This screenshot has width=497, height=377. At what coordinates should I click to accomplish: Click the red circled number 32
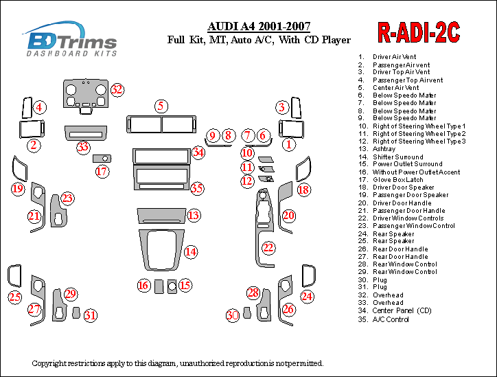click(117, 90)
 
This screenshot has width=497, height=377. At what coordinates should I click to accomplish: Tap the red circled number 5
click(161, 106)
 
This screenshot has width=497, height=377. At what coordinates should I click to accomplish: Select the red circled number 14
click(191, 252)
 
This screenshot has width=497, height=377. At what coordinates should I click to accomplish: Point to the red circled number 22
click(268, 247)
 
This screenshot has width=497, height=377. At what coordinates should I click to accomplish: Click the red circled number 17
click(102, 172)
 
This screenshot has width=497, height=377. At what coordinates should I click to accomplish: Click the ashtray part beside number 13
click(161, 216)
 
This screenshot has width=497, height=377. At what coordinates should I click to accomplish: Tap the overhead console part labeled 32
click(86, 96)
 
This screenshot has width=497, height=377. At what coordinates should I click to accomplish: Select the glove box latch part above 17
click(102, 158)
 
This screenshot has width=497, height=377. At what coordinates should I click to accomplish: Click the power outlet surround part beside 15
click(172, 286)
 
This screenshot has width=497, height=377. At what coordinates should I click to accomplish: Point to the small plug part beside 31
click(76, 312)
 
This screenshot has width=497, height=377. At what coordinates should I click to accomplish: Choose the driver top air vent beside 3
click(297, 108)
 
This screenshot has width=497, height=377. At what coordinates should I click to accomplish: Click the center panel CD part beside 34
click(161, 156)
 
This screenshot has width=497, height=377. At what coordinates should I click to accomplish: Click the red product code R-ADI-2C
click(418, 32)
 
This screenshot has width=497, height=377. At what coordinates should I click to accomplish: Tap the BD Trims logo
click(71, 39)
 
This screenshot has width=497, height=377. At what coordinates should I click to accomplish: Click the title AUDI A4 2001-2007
click(259, 26)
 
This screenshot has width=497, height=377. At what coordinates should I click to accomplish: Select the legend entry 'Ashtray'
click(384, 149)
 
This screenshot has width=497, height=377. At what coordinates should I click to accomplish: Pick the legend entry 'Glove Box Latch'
click(397, 180)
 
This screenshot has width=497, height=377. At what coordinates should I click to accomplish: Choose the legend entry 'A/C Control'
click(391, 319)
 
